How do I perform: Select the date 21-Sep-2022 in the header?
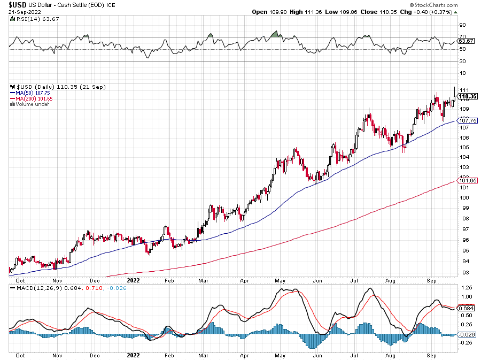[x=22, y=12]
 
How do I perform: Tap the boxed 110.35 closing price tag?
[x=467, y=97]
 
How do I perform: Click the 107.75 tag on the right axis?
[x=467, y=121]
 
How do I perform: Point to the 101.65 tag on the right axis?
[x=467, y=181]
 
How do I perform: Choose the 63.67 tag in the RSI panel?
[x=467, y=41]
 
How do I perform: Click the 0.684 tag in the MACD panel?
[x=467, y=308]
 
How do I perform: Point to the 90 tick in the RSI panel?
[x=463, y=25]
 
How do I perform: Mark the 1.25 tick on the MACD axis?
[x=465, y=287]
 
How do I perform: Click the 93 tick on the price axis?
[x=463, y=272]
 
